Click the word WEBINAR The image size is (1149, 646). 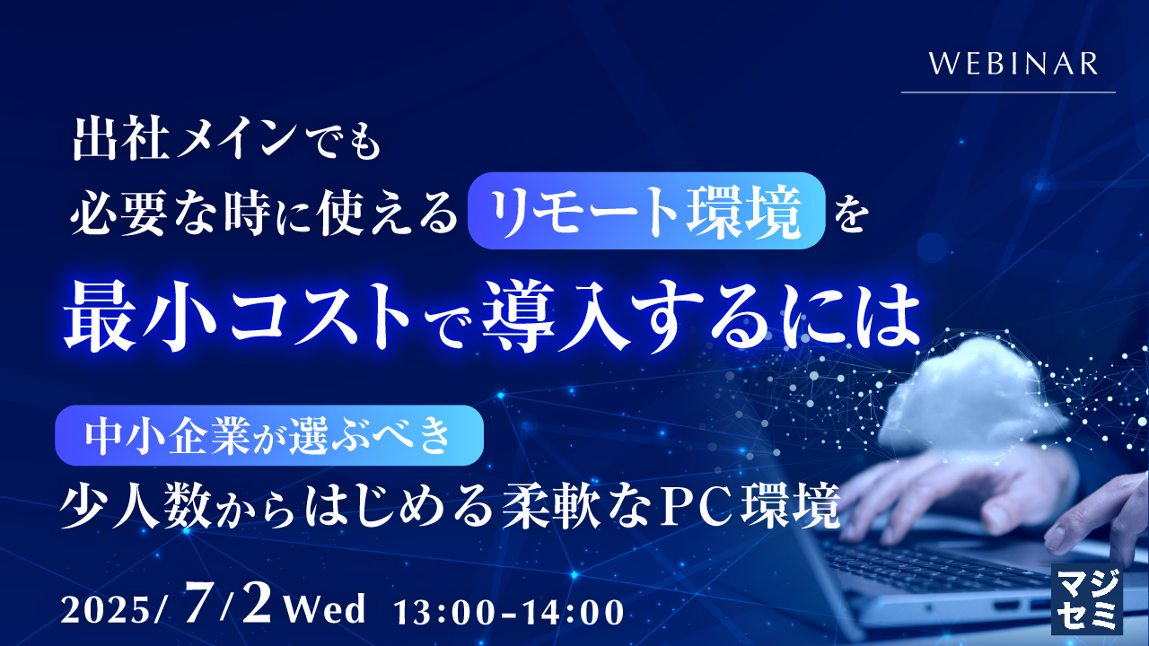pyautogui.click(x=1013, y=65)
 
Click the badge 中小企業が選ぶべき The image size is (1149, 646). pyautogui.click(x=269, y=434)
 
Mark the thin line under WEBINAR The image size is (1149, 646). pyautogui.click(x=1008, y=92)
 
